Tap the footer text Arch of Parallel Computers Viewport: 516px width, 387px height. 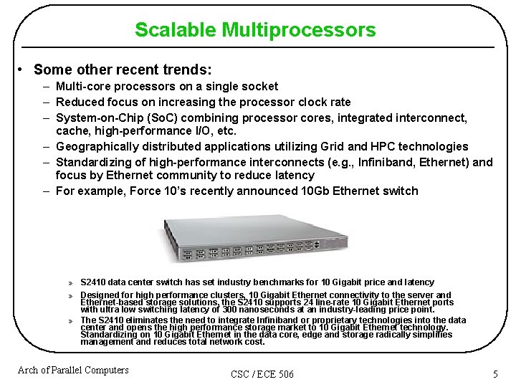click(73, 371)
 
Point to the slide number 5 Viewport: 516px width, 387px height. click(494, 374)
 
